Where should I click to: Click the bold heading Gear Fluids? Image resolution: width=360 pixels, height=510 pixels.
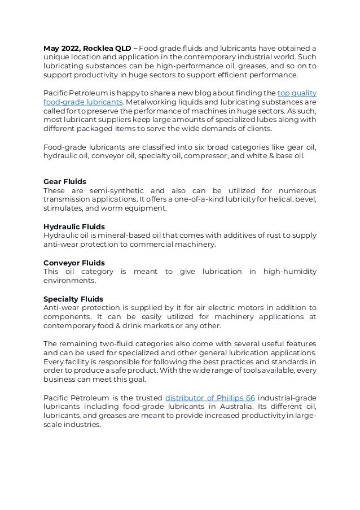pos(64,182)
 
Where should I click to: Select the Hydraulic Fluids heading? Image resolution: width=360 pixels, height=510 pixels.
pos(74,226)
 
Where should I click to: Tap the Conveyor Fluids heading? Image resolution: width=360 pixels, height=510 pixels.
pos(74,263)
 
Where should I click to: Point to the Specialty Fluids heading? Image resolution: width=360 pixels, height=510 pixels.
pos(73,299)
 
